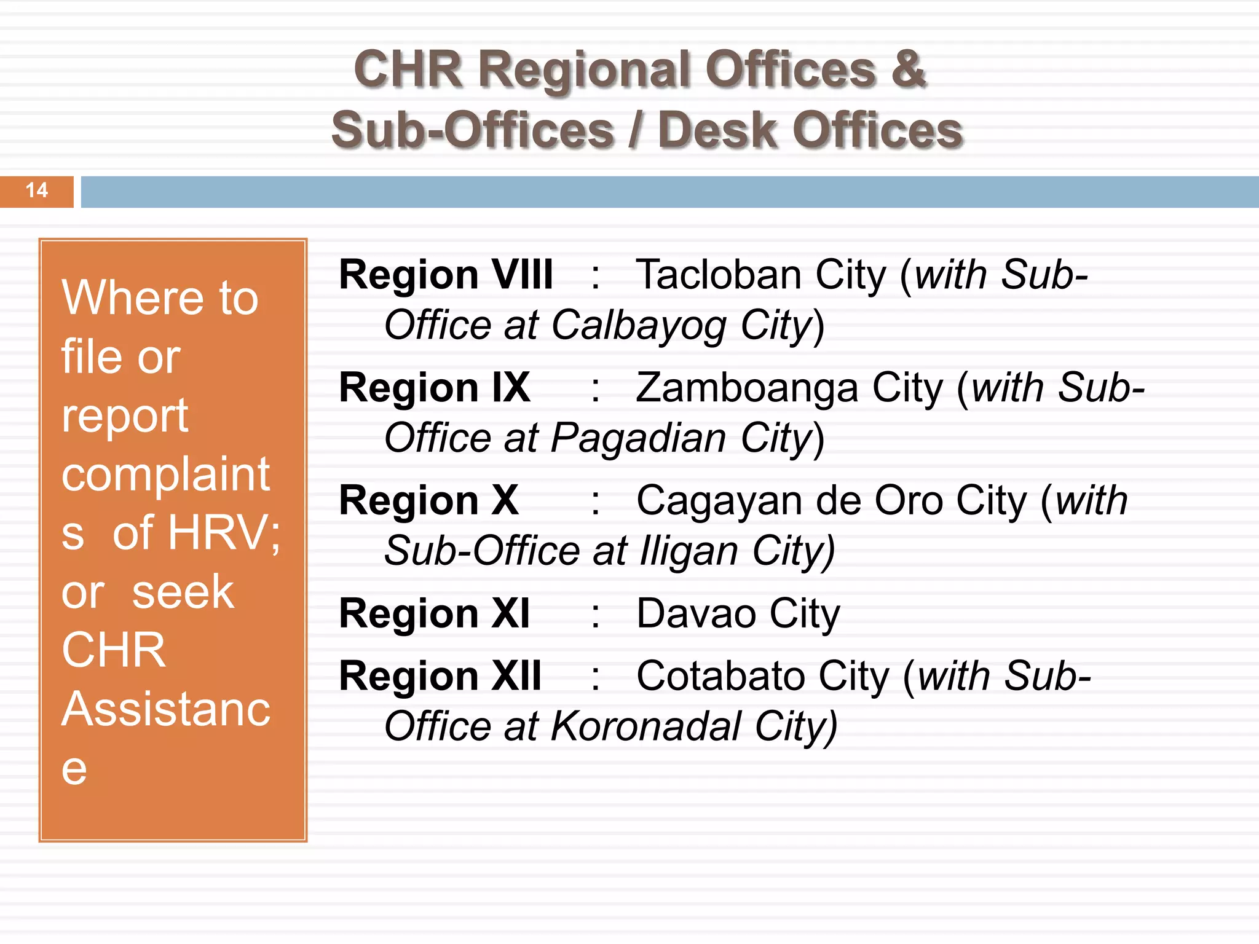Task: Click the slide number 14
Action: coord(37,190)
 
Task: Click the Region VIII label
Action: coord(446,274)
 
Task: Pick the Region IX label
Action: coord(434,388)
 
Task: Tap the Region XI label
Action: coord(434,613)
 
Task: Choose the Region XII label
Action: coord(440,676)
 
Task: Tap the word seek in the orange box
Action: coord(183,591)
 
